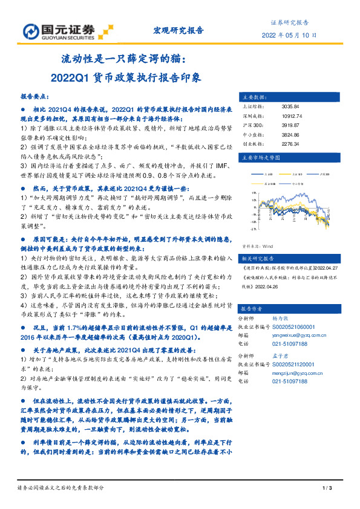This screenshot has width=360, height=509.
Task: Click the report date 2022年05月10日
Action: (x=290, y=36)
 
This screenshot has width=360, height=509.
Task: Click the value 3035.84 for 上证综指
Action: (x=291, y=106)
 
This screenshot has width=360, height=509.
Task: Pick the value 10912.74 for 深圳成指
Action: (x=293, y=115)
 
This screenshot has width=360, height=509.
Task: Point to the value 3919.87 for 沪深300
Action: (x=291, y=125)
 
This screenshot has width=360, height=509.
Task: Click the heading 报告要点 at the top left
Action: (x=35, y=96)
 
